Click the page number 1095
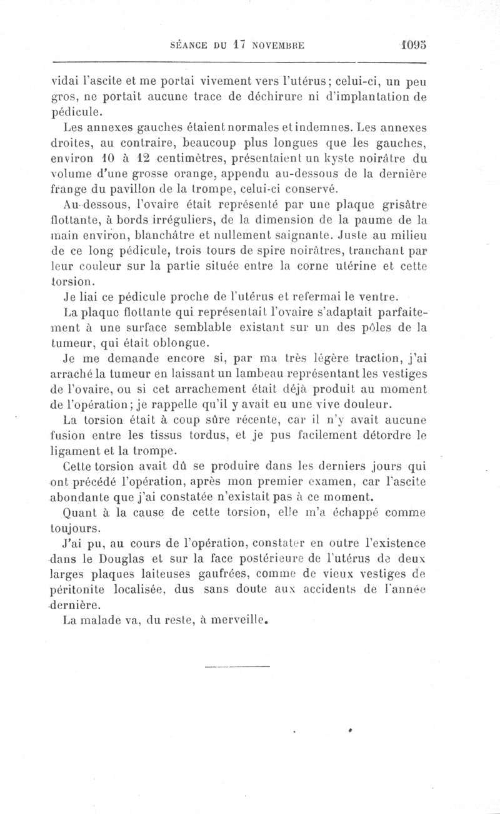412,44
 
